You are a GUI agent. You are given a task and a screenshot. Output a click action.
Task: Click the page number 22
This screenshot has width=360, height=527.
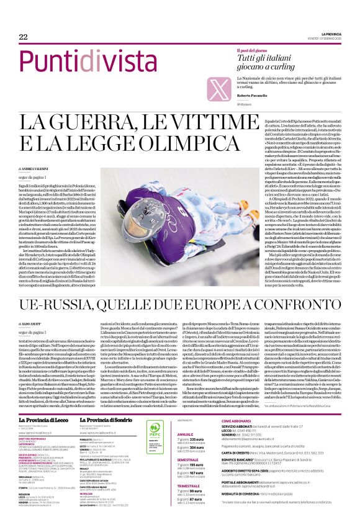[14, 37]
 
